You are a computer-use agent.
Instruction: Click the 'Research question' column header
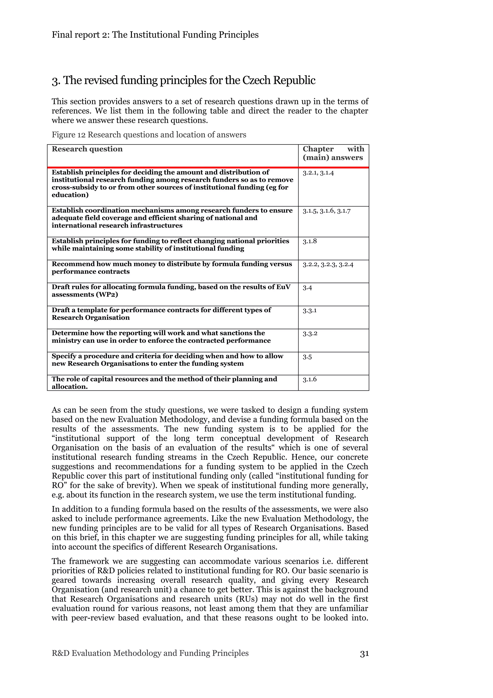(87, 149)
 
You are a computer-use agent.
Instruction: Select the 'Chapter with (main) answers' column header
(333, 153)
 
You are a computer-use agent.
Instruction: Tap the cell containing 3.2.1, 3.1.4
(318, 173)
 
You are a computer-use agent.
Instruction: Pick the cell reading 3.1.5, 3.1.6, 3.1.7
(327, 211)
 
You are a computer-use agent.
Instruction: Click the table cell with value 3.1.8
(310, 241)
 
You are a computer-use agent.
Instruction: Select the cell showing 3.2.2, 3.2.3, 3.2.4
(328, 264)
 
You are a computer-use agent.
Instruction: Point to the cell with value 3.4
(307, 288)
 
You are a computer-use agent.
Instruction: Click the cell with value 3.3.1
(310, 310)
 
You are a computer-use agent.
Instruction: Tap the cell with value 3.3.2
(310, 334)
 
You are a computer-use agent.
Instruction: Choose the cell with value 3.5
(307, 357)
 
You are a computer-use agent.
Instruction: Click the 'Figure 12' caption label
(68, 135)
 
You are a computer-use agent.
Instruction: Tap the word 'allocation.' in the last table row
(70, 387)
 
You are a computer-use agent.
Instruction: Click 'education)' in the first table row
(70, 195)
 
